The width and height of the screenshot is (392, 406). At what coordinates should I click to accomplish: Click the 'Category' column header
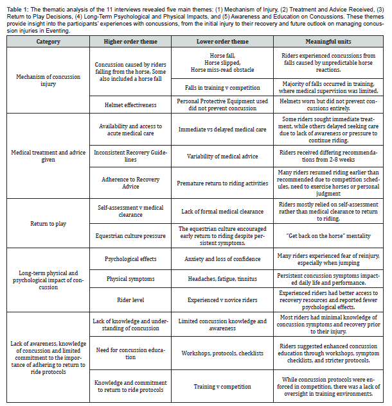48,42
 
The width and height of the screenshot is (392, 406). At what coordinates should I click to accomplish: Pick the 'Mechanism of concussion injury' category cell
48,81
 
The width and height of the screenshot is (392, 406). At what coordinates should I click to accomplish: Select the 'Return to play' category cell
48,224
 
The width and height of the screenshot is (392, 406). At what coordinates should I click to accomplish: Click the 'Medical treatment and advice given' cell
48,156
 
